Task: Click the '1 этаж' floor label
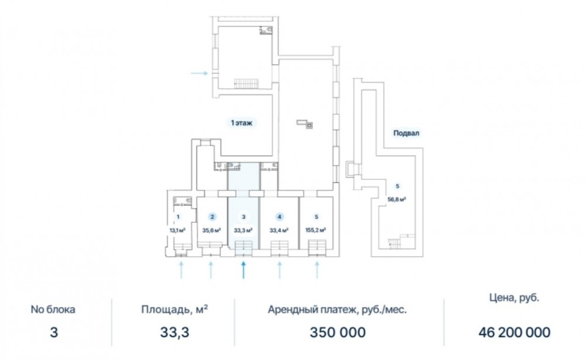click(x=241, y=123)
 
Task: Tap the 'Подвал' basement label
click(x=406, y=133)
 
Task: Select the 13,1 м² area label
click(x=178, y=230)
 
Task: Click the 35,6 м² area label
click(x=212, y=230)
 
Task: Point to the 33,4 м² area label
click(x=279, y=230)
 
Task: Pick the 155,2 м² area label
click(x=316, y=230)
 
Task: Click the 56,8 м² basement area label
click(x=397, y=199)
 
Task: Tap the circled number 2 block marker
click(x=212, y=217)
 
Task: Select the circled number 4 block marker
click(x=280, y=217)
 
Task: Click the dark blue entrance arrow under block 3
click(x=243, y=270)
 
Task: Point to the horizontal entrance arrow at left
click(x=199, y=73)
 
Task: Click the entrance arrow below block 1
click(x=181, y=270)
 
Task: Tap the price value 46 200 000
click(x=515, y=332)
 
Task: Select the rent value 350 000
click(x=338, y=332)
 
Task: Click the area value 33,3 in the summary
click(x=175, y=332)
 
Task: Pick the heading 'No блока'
click(x=53, y=310)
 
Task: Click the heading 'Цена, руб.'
click(x=515, y=298)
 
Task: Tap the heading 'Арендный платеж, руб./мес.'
click(x=337, y=310)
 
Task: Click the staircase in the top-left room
click(x=246, y=83)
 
